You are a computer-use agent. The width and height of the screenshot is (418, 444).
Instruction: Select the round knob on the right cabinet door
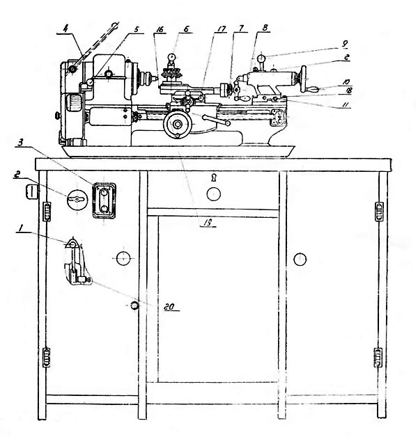[300, 260]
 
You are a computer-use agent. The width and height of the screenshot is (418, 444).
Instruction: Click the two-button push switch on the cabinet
[103, 200]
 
